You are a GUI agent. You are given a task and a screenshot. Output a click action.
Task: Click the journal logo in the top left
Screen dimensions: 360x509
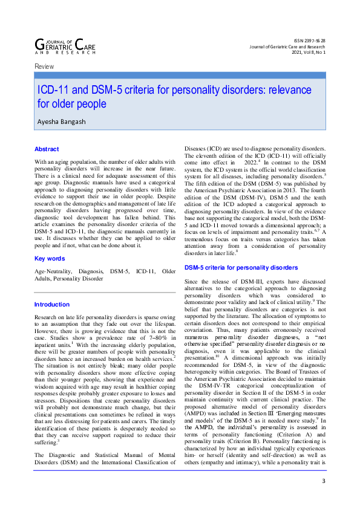point(65,45)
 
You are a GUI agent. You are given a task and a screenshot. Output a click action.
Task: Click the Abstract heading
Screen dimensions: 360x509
point(47,149)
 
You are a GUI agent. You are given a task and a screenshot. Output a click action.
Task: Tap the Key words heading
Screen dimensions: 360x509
point(50,259)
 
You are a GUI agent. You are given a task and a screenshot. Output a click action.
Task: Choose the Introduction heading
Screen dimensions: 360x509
point(52,305)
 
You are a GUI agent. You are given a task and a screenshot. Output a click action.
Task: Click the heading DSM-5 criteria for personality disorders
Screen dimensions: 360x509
point(241,267)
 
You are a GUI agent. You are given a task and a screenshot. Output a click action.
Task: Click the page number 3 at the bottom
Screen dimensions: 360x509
point(324,481)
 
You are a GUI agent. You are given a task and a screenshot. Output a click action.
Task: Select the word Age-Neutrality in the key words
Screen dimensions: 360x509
point(53,272)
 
